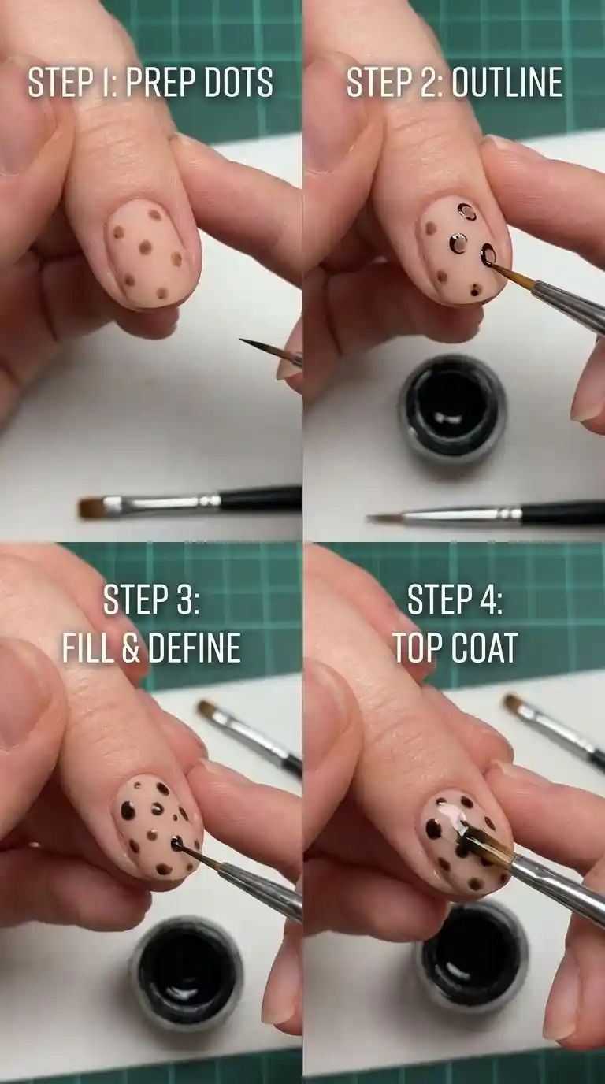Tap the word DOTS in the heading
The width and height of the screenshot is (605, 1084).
(239, 82)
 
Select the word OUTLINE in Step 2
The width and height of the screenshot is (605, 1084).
(507, 82)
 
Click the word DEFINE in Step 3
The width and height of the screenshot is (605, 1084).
(195, 648)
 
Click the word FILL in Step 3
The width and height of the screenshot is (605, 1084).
(87, 648)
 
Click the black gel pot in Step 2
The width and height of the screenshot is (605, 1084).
(452, 410)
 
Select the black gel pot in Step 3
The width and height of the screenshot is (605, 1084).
(186, 976)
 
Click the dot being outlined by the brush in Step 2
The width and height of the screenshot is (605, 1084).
(489, 253)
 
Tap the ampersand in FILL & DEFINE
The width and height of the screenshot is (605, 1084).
(131, 648)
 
